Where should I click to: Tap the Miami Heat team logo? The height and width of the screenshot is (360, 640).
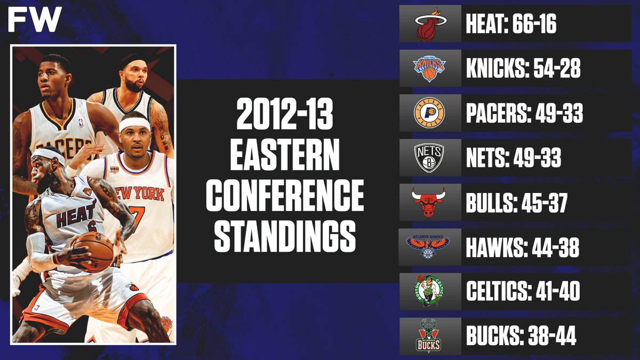click(429, 24)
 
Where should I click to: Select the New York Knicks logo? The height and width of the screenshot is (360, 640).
click(429, 68)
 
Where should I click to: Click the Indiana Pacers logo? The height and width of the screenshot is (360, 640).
click(429, 113)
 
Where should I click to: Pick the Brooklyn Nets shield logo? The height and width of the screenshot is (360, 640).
click(429, 158)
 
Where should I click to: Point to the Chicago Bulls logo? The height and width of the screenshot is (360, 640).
click(429, 202)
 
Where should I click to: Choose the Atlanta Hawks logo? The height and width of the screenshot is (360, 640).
click(429, 247)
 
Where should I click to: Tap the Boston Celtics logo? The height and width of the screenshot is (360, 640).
click(429, 291)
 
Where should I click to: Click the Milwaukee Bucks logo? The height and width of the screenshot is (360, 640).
click(429, 336)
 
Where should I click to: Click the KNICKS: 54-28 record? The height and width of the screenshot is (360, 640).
click(523, 69)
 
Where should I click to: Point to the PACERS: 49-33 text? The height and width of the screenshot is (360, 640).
click(524, 114)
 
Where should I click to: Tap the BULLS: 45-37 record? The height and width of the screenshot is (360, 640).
click(516, 203)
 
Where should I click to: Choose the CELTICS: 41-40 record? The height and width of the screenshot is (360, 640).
click(523, 292)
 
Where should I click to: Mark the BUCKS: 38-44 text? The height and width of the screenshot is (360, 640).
click(521, 337)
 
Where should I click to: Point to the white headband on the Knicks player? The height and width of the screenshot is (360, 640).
click(135, 124)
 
